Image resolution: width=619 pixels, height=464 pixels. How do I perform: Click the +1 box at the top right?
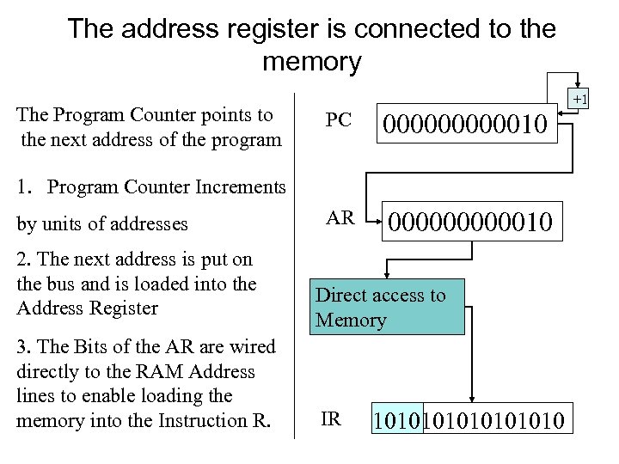coord(579,101)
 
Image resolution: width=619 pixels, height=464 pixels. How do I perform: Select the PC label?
coord(339,119)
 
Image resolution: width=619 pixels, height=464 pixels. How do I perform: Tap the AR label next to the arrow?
coord(340,217)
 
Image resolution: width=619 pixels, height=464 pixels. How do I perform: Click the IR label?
coord(331,418)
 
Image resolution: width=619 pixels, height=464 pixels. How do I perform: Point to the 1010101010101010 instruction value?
coord(469,421)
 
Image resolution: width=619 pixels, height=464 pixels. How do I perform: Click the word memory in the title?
coord(312,62)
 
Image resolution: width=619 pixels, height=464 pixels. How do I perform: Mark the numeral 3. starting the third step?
coord(24,346)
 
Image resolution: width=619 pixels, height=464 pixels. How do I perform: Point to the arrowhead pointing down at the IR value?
coord(470,395)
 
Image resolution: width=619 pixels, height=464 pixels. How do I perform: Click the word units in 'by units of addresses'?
coord(64,224)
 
